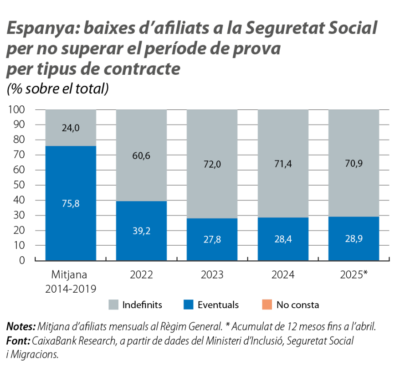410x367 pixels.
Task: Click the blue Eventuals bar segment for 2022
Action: pos(141,230)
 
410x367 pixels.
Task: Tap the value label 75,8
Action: pos(71,204)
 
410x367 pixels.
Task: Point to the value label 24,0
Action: pos(71,128)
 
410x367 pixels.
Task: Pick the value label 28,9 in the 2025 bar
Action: pos(354,238)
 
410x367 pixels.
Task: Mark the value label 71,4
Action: pos(283,164)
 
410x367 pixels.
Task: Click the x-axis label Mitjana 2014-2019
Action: pos(71,282)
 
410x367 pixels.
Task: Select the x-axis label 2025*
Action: pos(354,275)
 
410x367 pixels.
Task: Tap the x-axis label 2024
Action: pos(283,275)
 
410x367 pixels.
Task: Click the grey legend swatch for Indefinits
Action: pos(113,305)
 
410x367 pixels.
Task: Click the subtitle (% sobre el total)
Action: pos(57,88)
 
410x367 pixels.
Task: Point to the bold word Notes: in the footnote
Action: pos(20,327)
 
